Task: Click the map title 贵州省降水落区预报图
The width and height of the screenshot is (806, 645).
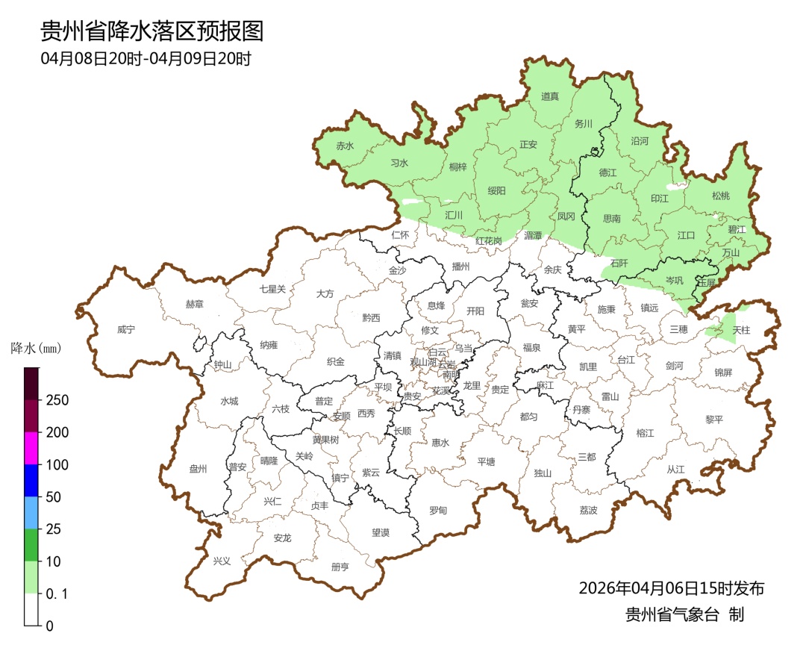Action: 152,31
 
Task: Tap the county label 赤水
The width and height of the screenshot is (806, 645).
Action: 345,146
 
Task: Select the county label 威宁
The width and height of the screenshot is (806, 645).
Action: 127,329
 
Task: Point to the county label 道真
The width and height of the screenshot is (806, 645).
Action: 550,96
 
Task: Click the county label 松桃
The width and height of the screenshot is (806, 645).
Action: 720,196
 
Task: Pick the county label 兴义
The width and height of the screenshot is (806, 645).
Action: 222,561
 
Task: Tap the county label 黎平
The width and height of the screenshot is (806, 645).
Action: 714,420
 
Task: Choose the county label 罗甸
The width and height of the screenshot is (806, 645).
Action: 438,511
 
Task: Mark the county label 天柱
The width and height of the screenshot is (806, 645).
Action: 741,329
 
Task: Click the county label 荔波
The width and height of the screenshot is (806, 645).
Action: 588,511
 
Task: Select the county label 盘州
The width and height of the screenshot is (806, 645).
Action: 198,469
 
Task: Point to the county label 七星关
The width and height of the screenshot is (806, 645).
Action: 272,289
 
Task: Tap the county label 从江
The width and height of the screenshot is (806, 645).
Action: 675,469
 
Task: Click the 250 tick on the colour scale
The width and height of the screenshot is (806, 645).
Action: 57,400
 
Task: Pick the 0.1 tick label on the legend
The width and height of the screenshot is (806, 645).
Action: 57,594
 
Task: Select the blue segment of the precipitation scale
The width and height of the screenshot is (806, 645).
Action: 31,480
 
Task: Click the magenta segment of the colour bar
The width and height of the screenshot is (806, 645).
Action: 31,448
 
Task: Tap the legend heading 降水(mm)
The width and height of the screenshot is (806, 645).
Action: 35,348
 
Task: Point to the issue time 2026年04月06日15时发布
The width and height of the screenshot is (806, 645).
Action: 671,588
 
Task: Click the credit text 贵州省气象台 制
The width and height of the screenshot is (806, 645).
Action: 684,615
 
